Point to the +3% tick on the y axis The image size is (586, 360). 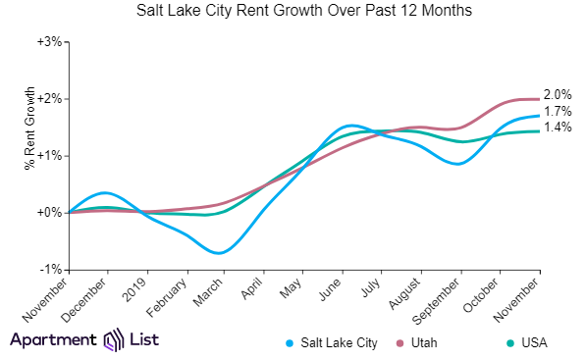point(49,42)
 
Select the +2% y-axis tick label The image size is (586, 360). point(49,99)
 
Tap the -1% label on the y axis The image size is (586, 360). point(50,270)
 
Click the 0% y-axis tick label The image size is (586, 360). point(51,213)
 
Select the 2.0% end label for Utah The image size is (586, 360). point(558,93)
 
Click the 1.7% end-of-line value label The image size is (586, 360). point(558,112)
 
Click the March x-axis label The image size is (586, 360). point(213,293)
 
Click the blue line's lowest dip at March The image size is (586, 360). point(222,253)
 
